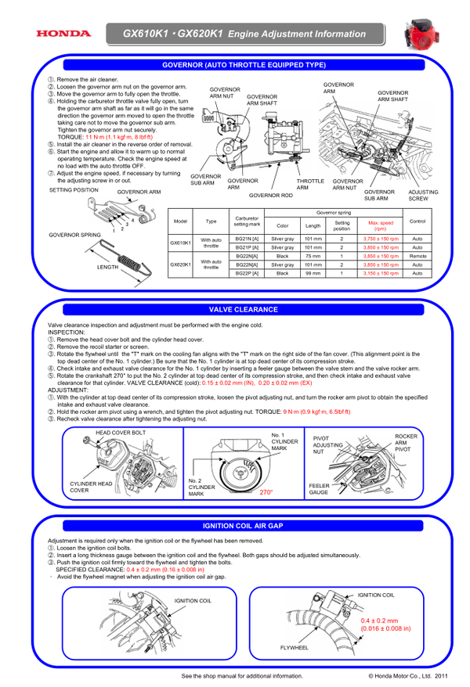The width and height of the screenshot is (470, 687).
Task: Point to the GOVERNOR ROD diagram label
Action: pyautogui.click(x=271, y=195)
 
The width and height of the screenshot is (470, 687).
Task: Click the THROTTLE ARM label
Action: pyautogui.click(x=310, y=184)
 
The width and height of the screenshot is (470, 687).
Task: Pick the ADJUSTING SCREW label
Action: pyautogui.click(x=423, y=195)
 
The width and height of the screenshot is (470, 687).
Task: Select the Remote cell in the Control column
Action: pyautogui.click(x=418, y=256)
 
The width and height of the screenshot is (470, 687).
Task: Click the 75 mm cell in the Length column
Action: pyautogui.click(x=313, y=256)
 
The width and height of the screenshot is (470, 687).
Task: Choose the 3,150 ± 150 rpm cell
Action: pyautogui.click(x=380, y=273)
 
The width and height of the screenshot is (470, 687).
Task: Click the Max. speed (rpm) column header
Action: pyautogui.click(x=380, y=225)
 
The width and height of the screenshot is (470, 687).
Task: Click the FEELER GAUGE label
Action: pyautogui.click(x=319, y=488)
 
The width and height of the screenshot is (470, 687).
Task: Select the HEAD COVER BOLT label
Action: pyautogui.click(x=121, y=432)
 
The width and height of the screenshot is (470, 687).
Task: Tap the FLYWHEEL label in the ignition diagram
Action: pyautogui.click(x=295, y=648)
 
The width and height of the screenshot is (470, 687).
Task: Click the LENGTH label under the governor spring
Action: pyautogui.click(x=108, y=267)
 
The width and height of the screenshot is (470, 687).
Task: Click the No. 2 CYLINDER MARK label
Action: pyautogui.click(x=201, y=487)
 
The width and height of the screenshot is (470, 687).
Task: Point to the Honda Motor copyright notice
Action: pyautogui.click(x=408, y=675)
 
